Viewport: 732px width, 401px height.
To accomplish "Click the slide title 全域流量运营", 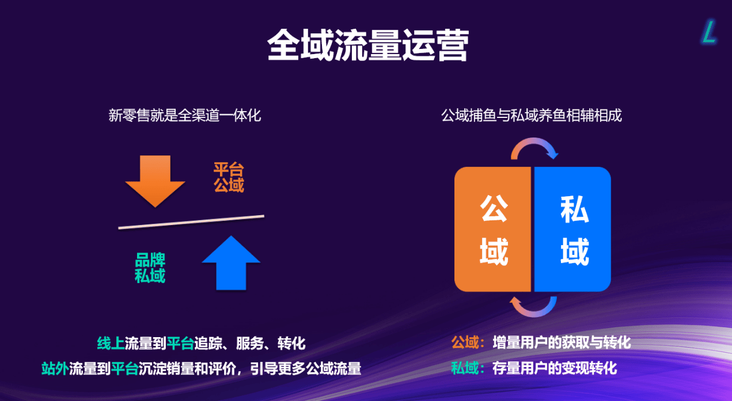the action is coord(368,45).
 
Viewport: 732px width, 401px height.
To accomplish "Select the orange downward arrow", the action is coord(155,181).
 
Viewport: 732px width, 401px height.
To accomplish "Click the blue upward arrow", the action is coord(231,262).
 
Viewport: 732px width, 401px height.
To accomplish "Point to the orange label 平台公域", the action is coord(229,177).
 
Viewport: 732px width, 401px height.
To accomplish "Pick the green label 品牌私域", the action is coord(150,268).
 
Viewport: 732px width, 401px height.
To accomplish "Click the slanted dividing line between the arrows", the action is coord(191,222).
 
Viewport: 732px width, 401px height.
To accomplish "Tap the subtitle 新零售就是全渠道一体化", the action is coord(185,115).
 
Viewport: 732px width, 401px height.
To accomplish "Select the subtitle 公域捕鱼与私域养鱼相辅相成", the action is coord(532,115).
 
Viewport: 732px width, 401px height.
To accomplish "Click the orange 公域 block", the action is coord(493,229).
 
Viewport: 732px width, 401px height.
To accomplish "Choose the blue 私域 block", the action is coord(572,229).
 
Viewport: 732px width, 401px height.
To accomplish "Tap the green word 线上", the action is coord(111,343).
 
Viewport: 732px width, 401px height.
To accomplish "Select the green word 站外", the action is coord(55,369).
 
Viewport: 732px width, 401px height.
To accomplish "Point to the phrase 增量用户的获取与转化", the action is coord(562,342).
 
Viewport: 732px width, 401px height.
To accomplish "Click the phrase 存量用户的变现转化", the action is coord(555,368).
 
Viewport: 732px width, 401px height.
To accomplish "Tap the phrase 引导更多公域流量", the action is coord(306,369).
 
